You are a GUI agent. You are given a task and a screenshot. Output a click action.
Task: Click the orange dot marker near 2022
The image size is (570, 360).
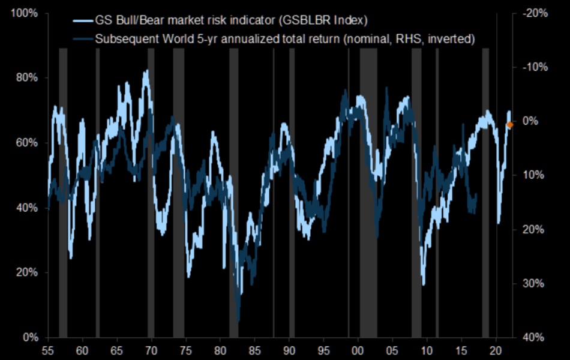tap(509, 125)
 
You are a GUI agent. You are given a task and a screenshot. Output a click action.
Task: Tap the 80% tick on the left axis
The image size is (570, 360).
tap(26, 78)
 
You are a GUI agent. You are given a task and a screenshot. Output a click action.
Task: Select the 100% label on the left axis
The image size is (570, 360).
tap(25, 13)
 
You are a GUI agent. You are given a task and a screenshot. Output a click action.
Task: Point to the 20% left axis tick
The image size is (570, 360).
tap(26, 272)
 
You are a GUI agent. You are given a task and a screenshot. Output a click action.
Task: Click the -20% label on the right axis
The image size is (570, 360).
tap(534, 13)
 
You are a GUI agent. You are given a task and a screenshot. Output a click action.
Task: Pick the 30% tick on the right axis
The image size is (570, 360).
tap(534, 283)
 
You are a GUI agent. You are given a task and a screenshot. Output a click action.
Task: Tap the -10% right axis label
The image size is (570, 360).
tap(534, 67)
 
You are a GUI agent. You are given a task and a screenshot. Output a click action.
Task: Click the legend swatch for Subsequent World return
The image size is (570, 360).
tap(82, 40)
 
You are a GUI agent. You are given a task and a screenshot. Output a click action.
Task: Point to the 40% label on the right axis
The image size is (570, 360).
tap(534, 337)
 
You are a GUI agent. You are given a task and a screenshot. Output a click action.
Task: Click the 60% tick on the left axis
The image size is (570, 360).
tap(26, 143)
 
